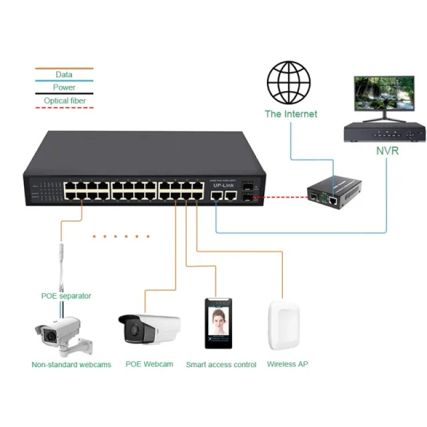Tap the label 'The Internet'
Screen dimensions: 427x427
click(291, 114)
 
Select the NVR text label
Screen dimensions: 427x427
click(387, 151)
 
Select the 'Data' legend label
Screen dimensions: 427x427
click(64, 75)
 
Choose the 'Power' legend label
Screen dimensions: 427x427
click(64, 88)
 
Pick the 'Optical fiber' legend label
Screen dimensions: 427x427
click(65, 100)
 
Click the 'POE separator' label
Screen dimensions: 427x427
click(66, 296)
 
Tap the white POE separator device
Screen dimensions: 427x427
click(62, 262)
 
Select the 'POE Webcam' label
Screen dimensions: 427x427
click(149, 364)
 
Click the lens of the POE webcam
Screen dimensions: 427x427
click(130, 332)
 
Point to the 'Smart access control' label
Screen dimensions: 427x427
click(221, 365)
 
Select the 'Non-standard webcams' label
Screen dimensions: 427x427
click(72, 365)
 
